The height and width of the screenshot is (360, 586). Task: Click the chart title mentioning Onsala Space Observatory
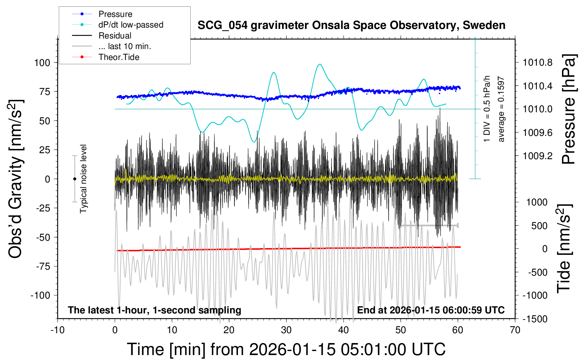click(x=351, y=25)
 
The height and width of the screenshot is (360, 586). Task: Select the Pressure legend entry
click(x=115, y=14)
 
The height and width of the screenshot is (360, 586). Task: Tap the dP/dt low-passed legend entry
click(x=131, y=25)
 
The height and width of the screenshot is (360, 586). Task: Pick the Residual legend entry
click(x=115, y=36)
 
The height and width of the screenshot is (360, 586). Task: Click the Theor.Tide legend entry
click(x=119, y=57)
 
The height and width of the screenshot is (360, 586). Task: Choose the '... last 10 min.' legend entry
click(x=125, y=46)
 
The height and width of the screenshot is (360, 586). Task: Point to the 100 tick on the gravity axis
click(x=42, y=63)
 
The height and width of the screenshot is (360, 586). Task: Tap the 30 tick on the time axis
click(x=286, y=330)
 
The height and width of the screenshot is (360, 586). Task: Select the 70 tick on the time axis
click(x=515, y=330)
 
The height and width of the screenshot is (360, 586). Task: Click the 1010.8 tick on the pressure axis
click(x=538, y=63)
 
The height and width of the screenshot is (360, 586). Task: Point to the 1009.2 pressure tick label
click(x=538, y=156)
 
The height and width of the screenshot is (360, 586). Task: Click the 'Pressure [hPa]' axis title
click(x=569, y=109)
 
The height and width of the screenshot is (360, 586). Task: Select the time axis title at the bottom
click(x=286, y=349)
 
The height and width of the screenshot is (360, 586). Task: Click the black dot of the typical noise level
click(x=74, y=179)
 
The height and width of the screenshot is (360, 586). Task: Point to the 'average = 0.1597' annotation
click(x=501, y=109)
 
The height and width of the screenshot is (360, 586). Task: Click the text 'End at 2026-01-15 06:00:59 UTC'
click(x=431, y=310)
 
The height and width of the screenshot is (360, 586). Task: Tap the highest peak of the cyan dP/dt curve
click(x=320, y=64)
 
